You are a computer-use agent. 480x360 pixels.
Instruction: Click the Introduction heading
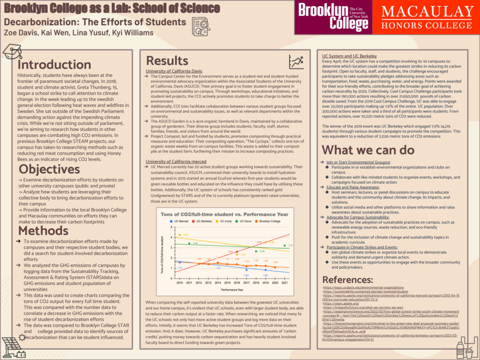point(54,65)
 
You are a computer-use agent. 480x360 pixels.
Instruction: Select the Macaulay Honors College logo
point(427,17)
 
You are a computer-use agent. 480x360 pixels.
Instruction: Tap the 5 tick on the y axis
point(172,226)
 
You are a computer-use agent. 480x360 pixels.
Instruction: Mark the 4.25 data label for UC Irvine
point(186,234)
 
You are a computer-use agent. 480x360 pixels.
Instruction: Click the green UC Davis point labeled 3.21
point(285,245)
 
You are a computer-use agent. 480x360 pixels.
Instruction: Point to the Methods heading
point(43,230)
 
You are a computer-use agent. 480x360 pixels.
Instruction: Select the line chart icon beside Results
point(296,61)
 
